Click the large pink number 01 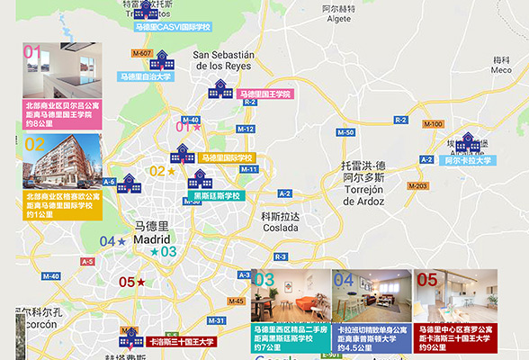[x=32, y=52]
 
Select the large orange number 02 [x=34, y=144]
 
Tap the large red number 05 [x=427, y=280]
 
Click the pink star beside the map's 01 [x=197, y=127]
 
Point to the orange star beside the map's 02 [x=171, y=171]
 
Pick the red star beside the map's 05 [x=140, y=283]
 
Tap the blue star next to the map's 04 [x=121, y=241]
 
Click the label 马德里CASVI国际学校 [x=172, y=27]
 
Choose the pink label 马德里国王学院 [x=265, y=94]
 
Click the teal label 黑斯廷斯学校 [x=217, y=195]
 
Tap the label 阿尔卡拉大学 [x=468, y=161]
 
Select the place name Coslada [x=279, y=229]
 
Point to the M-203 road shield [x=417, y=185]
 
